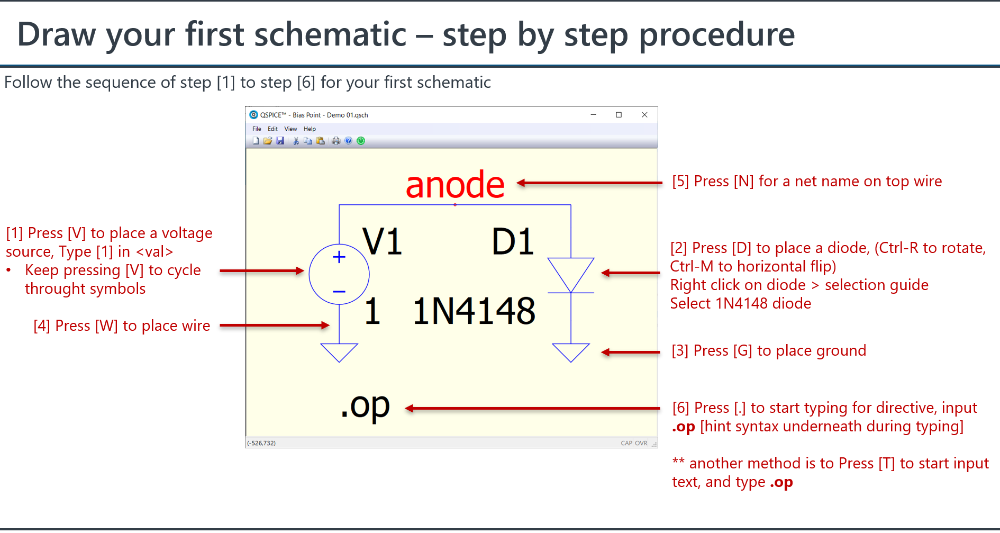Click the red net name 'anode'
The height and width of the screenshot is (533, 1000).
pyautogui.click(x=455, y=185)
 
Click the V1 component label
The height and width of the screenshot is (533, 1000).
pyautogui.click(x=381, y=241)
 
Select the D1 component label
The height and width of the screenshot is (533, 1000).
pyautogui.click(x=512, y=241)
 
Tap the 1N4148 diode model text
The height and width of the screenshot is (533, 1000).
pyautogui.click(x=474, y=311)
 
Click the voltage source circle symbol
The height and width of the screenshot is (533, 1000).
pyautogui.click(x=339, y=274)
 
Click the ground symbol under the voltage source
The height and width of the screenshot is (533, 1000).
pyautogui.click(x=339, y=352)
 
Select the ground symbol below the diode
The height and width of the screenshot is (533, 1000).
pyautogui.click(x=571, y=352)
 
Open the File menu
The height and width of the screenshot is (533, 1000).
pyautogui.click(x=257, y=129)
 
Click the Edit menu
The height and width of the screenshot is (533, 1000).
pyautogui.click(x=272, y=129)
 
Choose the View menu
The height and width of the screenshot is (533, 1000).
pyautogui.click(x=290, y=129)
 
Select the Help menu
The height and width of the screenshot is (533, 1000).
pyautogui.click(x=310, y=129)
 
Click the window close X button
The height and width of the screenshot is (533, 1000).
pyautogui.click(x=644, y=115)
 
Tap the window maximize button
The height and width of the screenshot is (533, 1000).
pyautogui.click(x=619, y=115)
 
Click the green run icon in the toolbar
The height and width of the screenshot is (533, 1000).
pyautogui.click(x=361, y=141)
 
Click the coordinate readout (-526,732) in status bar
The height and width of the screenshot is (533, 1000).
pyautogui.click(x=261, y=443)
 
